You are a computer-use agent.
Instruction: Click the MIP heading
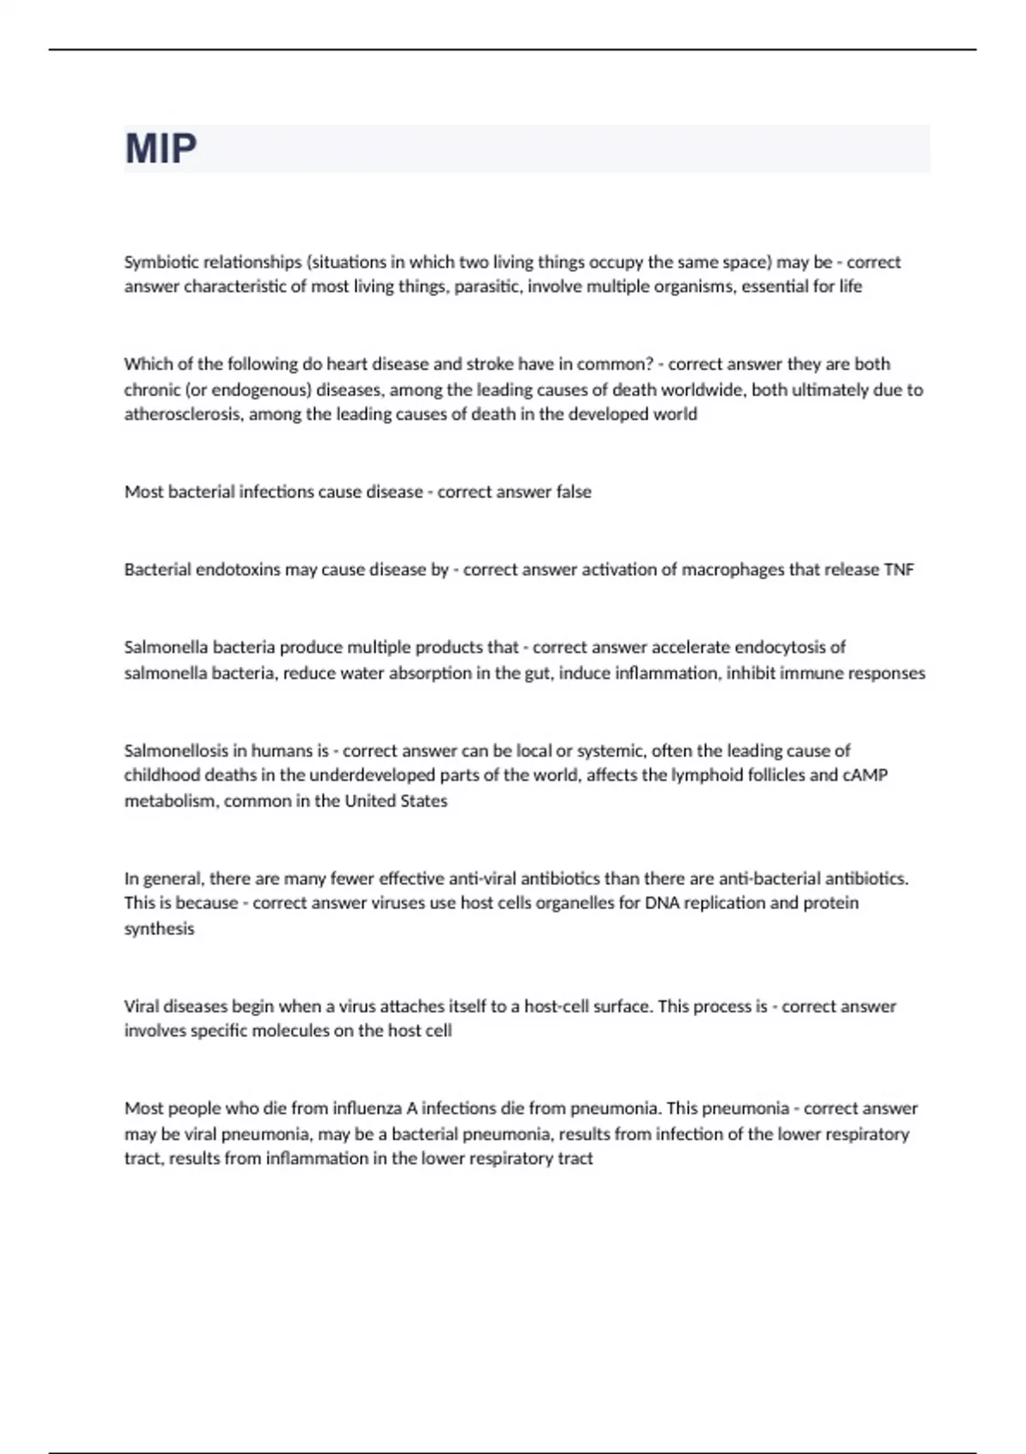click(161, 149)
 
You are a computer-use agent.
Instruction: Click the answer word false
click(573, 492)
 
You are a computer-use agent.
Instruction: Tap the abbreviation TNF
click(898, 570)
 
